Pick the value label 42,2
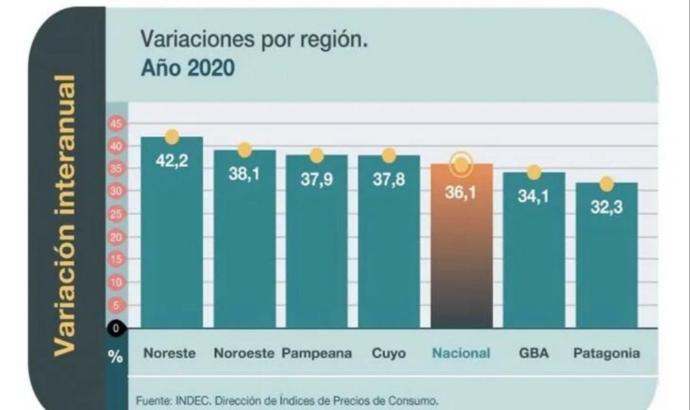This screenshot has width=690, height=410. [x=171, y=161]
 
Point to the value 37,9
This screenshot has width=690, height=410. [x=317, y=180]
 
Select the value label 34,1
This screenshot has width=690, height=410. [x=533, y=196]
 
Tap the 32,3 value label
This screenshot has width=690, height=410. [x=606, y=208]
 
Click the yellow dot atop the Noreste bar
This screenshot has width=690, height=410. [x=171, y=137]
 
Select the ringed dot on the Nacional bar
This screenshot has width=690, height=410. [x=461, y=165]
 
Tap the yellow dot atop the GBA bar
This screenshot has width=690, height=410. [x=534, y=173]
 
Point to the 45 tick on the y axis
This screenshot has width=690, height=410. [x=116, y=123]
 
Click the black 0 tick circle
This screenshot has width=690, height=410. [x=116, y=328]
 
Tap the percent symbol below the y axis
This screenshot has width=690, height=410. [x=116, y=356]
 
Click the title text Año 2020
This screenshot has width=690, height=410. [x=187, y=68]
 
